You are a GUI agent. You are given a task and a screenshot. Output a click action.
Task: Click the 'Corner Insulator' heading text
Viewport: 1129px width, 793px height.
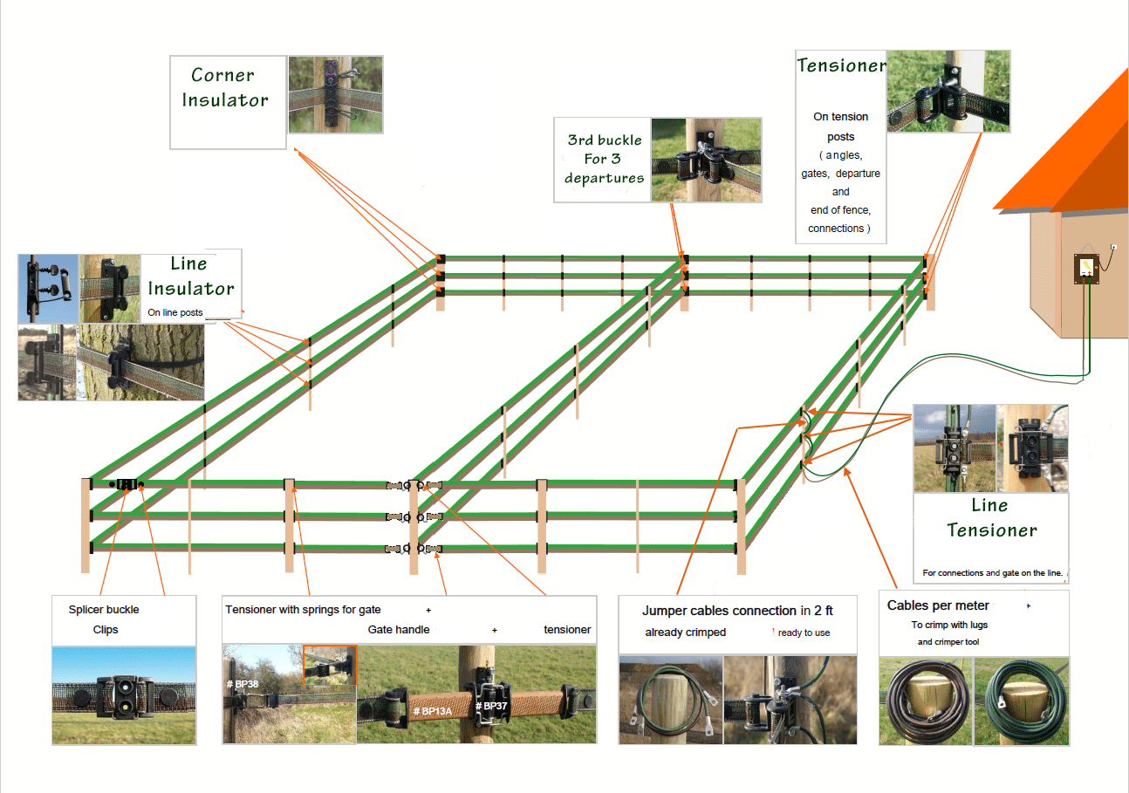point(225,87)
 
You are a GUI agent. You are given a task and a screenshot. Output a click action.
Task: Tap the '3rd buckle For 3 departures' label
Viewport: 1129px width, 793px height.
point(605,159)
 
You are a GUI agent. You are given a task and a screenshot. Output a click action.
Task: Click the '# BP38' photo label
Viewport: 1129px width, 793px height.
point(243,684)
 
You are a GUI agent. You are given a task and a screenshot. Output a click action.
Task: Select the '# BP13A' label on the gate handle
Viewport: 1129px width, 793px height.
point(433,711)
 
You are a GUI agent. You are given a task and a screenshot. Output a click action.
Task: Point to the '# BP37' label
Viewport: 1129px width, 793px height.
point(491,706)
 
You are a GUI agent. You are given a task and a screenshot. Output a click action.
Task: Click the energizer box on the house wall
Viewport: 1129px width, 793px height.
point(1086,269)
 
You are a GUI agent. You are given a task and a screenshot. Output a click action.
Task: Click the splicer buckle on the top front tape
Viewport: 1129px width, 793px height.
point(127,484)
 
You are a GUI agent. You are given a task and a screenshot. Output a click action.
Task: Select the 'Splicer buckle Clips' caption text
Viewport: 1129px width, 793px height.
point(105,619)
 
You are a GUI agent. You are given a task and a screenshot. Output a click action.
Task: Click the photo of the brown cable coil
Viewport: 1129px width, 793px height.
point(926,701)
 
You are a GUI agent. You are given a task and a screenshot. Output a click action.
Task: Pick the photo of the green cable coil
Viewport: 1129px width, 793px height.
point(1022,701)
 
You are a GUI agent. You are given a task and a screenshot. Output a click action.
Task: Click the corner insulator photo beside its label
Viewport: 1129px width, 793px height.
point(336,94)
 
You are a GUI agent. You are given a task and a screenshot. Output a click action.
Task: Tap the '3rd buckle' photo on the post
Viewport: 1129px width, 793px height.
point(706,160)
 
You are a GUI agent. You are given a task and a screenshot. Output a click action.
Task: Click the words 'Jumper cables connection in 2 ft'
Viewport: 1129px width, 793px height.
point(737,611)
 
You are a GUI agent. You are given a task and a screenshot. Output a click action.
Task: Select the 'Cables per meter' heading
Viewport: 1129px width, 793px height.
point(938,605)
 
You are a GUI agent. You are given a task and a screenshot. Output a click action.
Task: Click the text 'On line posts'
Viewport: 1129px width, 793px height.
point(174,312)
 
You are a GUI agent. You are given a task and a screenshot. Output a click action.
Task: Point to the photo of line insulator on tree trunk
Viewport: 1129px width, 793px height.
point(140,362)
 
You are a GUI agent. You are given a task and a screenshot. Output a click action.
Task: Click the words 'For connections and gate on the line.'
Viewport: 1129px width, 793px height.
point(992,573)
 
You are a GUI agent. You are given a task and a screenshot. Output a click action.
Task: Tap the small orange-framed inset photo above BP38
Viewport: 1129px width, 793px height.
point(330,665)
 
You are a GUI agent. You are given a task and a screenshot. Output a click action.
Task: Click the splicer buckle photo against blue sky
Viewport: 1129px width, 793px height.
point(124,696)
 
